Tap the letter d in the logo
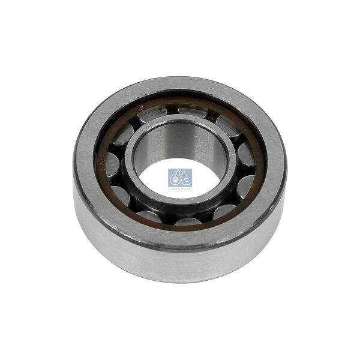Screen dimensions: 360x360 (x=175, y=178)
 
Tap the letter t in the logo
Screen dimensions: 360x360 (x=184, y=178)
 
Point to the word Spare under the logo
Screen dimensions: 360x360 (x=175, y=188)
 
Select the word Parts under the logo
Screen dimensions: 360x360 (x=185, y=188)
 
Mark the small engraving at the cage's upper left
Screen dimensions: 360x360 (x=140, y=108)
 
